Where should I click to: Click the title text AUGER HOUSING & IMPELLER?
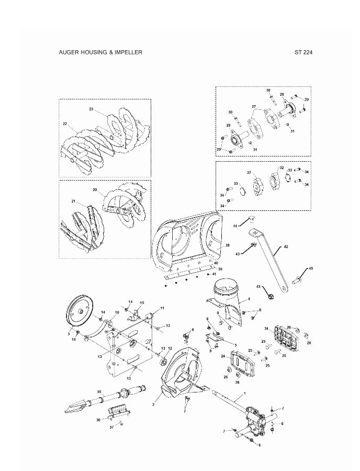[100, 52]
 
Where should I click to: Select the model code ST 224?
[303, 52]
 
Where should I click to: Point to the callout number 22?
[65, 124]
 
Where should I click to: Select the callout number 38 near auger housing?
[228, 245]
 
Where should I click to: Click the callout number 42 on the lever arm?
[286, 246]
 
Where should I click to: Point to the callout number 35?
[99, 391]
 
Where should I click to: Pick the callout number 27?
[254, 107]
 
